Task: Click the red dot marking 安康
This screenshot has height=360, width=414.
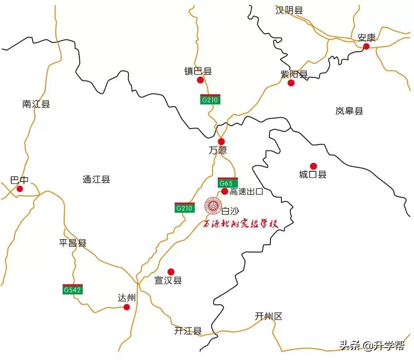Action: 366,47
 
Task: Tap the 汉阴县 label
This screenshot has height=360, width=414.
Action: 289,11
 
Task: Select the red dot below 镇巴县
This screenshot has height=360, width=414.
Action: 200,80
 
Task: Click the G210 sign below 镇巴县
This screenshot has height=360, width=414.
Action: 210,99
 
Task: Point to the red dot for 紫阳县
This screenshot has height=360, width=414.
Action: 291,83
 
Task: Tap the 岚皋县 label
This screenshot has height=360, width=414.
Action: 349,111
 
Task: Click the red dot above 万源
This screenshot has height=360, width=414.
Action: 221,141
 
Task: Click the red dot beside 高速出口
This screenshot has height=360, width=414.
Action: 225,192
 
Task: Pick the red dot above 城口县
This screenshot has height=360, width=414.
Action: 313,166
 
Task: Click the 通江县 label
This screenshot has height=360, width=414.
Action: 96,180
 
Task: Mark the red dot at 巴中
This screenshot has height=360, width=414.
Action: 20,189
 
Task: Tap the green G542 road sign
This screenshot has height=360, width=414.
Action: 73,289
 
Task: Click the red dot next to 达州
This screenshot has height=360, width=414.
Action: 127,307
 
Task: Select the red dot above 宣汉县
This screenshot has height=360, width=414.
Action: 171,272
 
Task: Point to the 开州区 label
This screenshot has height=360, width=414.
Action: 268,316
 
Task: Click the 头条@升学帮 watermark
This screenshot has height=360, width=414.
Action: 371,345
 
